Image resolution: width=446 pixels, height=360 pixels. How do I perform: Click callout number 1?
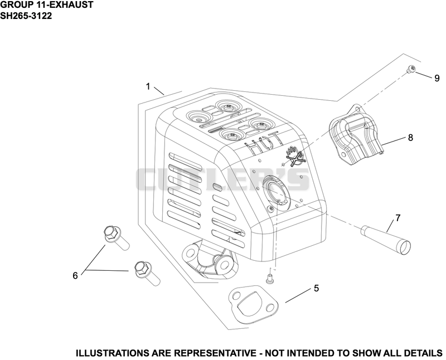tap(148, 86)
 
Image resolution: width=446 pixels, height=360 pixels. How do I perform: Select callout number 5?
tap(316, 288)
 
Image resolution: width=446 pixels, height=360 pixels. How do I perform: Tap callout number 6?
tap(75, 275)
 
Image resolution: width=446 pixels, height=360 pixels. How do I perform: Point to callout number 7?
tap(397, 218)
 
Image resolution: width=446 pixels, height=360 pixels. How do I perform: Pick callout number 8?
tap(410, 138)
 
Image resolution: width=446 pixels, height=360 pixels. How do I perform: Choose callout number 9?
tap(437, 78)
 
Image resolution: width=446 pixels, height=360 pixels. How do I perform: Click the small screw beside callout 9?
tap(411, 69)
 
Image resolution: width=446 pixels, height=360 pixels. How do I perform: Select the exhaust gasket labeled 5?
tap(254, 305)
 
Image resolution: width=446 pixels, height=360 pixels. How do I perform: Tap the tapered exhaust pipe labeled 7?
tap(386, 237)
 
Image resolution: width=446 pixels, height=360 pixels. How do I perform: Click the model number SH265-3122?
tap(26, 16)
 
